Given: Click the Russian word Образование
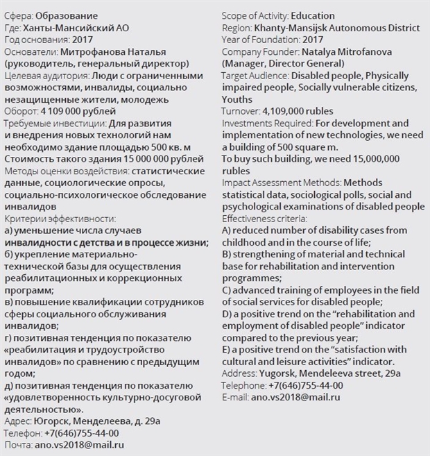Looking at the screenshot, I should (66, 16).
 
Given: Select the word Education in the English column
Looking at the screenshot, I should (313, 16).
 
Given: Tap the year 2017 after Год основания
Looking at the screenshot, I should (83, 40).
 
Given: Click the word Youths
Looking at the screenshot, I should (237, 99).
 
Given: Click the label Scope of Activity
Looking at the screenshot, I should (255, 16).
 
